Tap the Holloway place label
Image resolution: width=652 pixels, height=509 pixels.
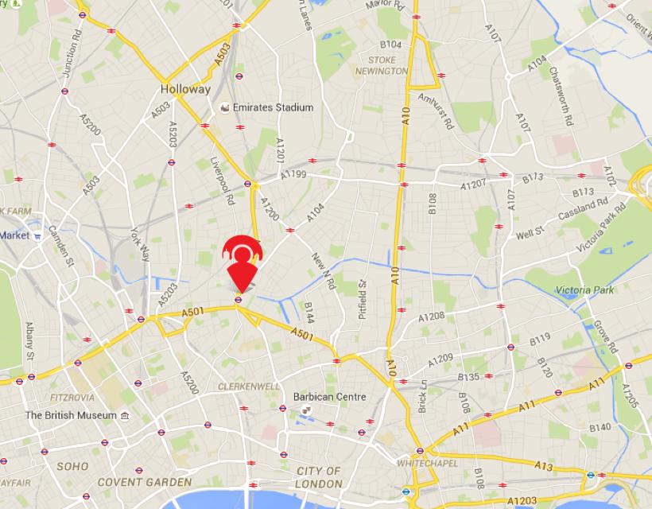(x=185, y=89)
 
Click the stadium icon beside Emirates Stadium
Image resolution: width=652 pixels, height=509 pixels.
(x=226, y=107)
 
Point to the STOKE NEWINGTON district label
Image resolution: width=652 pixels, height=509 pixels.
(x=382, y=65)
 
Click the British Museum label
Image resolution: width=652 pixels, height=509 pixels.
(x=71, y=415)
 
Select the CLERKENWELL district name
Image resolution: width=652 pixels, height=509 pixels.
(x=248, y=387)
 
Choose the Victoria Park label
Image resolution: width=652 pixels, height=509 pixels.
(x=584, y=290)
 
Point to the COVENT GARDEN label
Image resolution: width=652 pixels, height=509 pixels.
(x=144, y=482)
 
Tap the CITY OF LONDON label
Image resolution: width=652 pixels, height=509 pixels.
(x=318, y=477)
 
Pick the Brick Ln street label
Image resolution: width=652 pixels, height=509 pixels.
(x=424, y=396)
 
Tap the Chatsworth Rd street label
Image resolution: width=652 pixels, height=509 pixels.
(x=561, y=95)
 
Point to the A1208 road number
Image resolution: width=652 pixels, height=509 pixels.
(x=432, y=316)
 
